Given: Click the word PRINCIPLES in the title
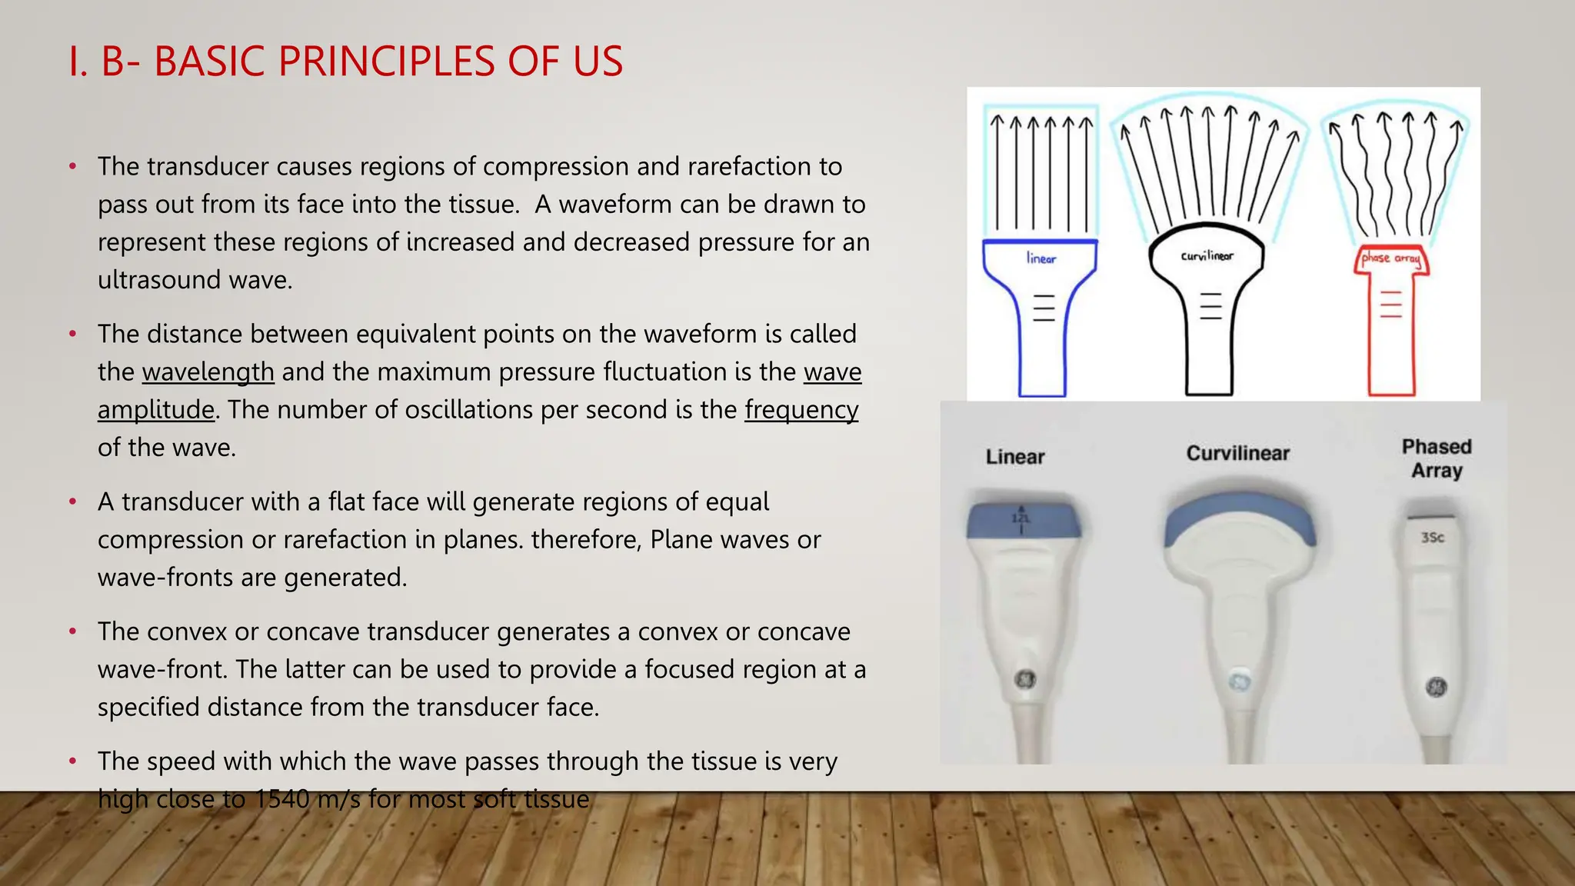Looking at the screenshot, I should tap(386, 62).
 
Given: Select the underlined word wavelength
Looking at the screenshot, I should tap(208, 372).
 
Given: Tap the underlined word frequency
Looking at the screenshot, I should tap(801, 410).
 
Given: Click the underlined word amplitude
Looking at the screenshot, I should tap(155, 410).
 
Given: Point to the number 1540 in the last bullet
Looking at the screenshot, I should tap(281, 799).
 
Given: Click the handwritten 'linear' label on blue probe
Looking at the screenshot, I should tap(1041, 258).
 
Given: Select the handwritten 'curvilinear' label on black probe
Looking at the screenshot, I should tap(1207, 255).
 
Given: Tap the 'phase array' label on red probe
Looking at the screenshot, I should tap(1390, 258).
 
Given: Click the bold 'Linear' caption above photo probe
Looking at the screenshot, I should tap(1015, 457).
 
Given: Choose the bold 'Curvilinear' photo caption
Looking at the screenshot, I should tap(1237, 454).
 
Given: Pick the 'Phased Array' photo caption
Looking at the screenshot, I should tap(1437, 458).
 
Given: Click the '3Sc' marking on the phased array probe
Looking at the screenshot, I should tap(1432, 538).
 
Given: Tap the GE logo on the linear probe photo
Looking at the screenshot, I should tap(1026, 680).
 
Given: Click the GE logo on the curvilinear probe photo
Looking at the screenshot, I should tap(1240, 682).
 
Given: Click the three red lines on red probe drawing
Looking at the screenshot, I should tap(1390, 305).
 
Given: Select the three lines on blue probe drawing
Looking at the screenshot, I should tap(1043, 308).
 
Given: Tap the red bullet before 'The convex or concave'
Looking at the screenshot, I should tap(73, 632).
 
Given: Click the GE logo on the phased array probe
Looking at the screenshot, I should tap(1436, 687).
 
